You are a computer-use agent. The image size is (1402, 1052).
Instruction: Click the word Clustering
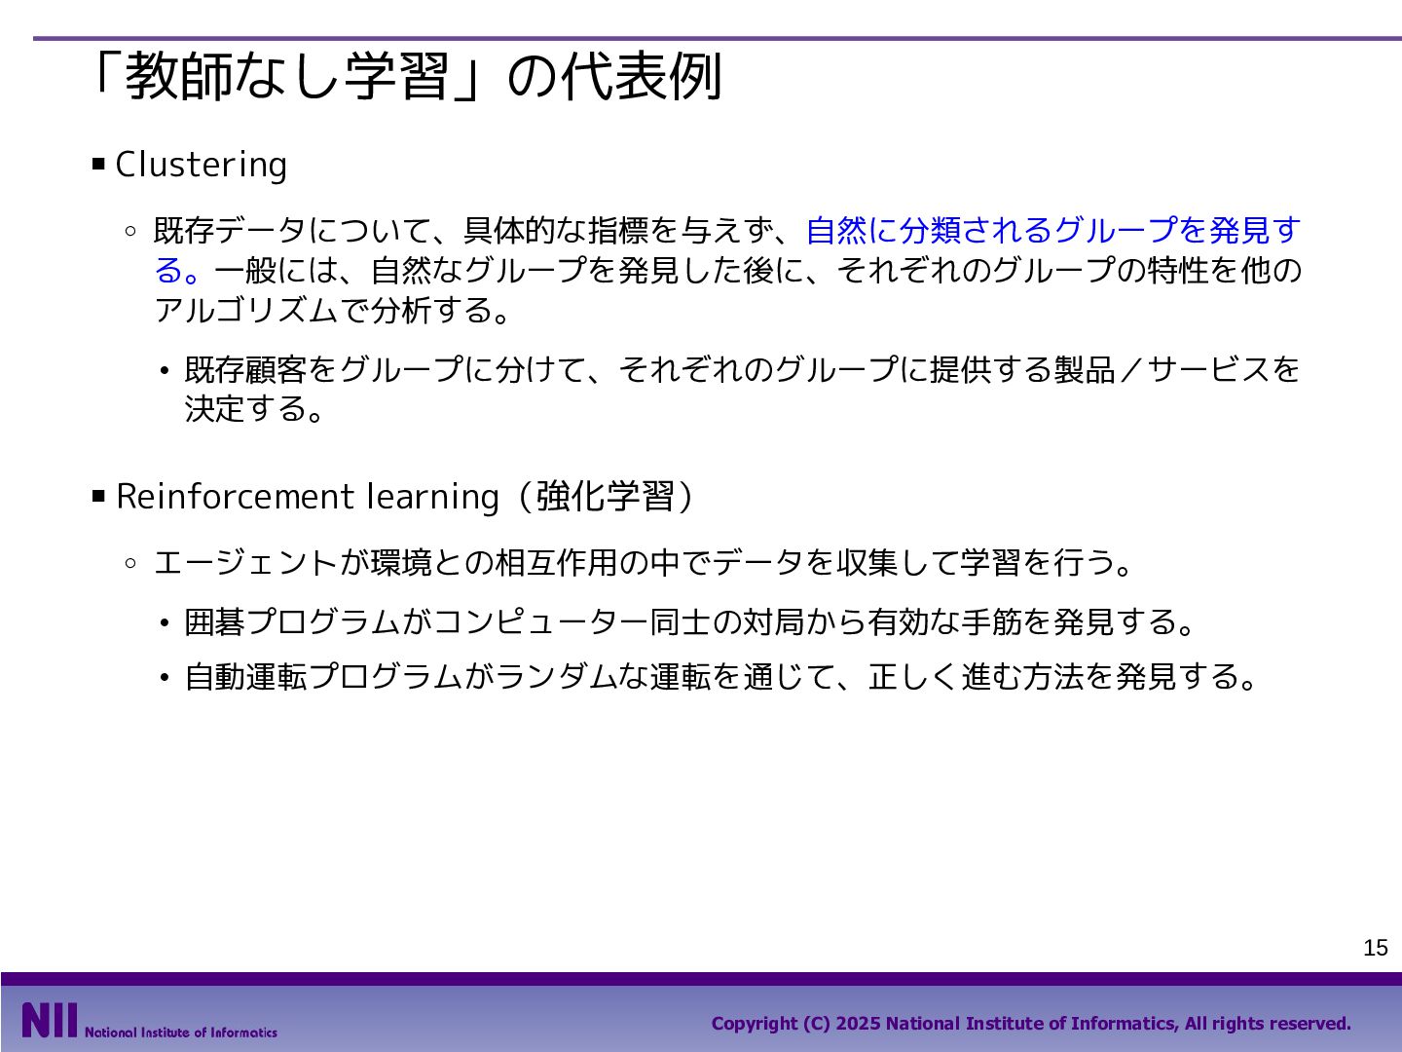(202, 165)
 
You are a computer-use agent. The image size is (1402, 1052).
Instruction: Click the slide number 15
(1375, 948)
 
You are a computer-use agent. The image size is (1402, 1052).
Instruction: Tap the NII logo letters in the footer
(50, 1020)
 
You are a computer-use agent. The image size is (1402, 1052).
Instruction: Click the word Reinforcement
(235, 497)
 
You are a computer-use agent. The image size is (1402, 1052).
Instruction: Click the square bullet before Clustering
(98, 165)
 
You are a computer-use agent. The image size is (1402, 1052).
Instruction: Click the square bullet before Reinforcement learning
(98, 496)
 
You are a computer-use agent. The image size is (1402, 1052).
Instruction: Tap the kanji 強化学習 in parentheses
(605, 497)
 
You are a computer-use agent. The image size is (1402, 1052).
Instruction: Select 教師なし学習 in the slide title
(286, 77)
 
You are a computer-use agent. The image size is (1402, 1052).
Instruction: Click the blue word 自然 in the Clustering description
(836, 230)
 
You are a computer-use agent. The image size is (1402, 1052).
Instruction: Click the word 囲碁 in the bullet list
(214, 621)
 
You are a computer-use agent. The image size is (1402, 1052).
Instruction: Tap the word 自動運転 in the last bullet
(246, 676)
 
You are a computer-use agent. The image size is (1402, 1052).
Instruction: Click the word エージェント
(246, 563)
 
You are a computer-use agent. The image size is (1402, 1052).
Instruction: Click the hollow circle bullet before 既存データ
(130, 231)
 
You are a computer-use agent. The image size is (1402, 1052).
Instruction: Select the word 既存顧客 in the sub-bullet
(246, 369)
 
